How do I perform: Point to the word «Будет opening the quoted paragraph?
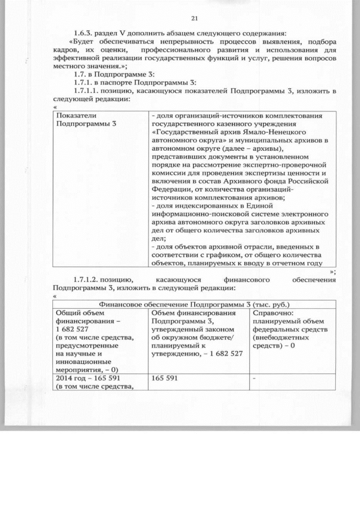click(82, 43)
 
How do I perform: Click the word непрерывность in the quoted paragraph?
click(168, 43)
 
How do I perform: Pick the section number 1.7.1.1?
click(90, 91)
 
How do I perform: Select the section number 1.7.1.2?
click(90, 280)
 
